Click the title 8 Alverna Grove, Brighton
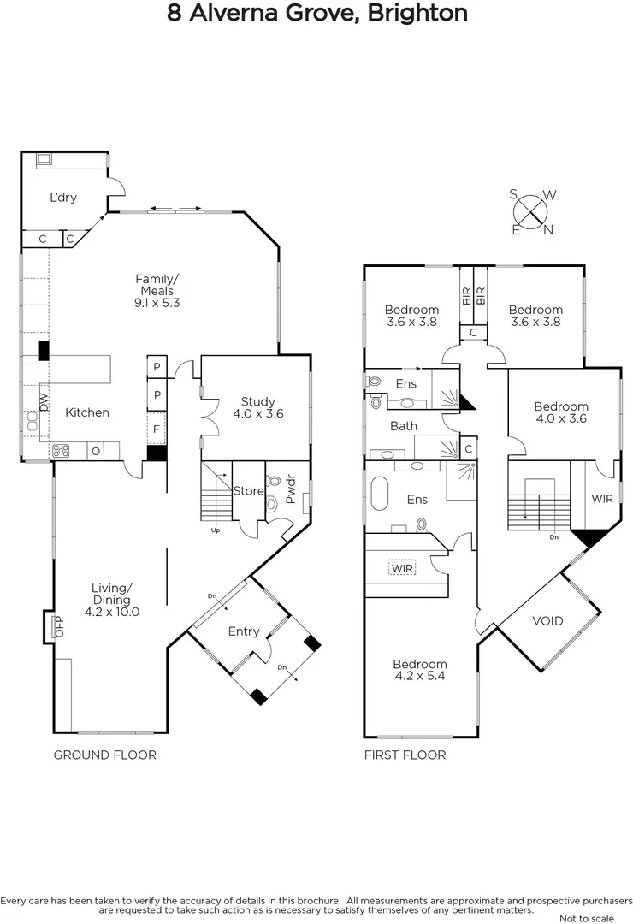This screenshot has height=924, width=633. tap(316, 14)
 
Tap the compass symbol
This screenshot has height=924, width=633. tap(533, 210)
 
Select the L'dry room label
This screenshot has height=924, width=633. tap(63, 198)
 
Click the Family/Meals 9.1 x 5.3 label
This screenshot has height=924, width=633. tap(158, 290)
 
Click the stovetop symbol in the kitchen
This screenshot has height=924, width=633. tap(62, 450)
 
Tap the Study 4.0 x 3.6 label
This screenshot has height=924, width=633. tap(257, 406)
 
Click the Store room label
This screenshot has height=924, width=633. tap(248, 491)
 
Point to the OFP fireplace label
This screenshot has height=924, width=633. tap(59, 627)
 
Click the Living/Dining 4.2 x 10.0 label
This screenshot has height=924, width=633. tap(112, 600)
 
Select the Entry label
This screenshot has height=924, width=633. tap(244, 631)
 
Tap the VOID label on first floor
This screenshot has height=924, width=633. tap(547, 620)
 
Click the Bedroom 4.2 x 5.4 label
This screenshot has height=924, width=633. tap(420, 670)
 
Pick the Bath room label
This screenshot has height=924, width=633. tap(404, 425)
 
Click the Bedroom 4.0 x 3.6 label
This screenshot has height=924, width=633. tap(561, 412)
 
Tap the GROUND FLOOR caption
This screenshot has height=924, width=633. tap(104, 755)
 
